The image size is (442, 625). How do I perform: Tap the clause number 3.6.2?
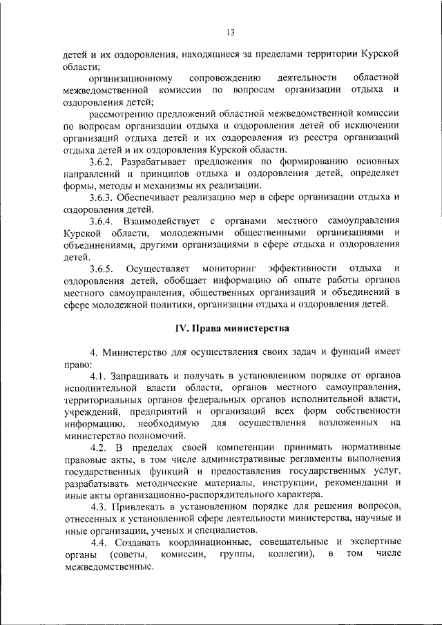[102, 162]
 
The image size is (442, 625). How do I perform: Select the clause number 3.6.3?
[102, 198]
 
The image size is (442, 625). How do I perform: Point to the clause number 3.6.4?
[102, 221]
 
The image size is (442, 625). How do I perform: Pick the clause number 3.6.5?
[102, 268]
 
